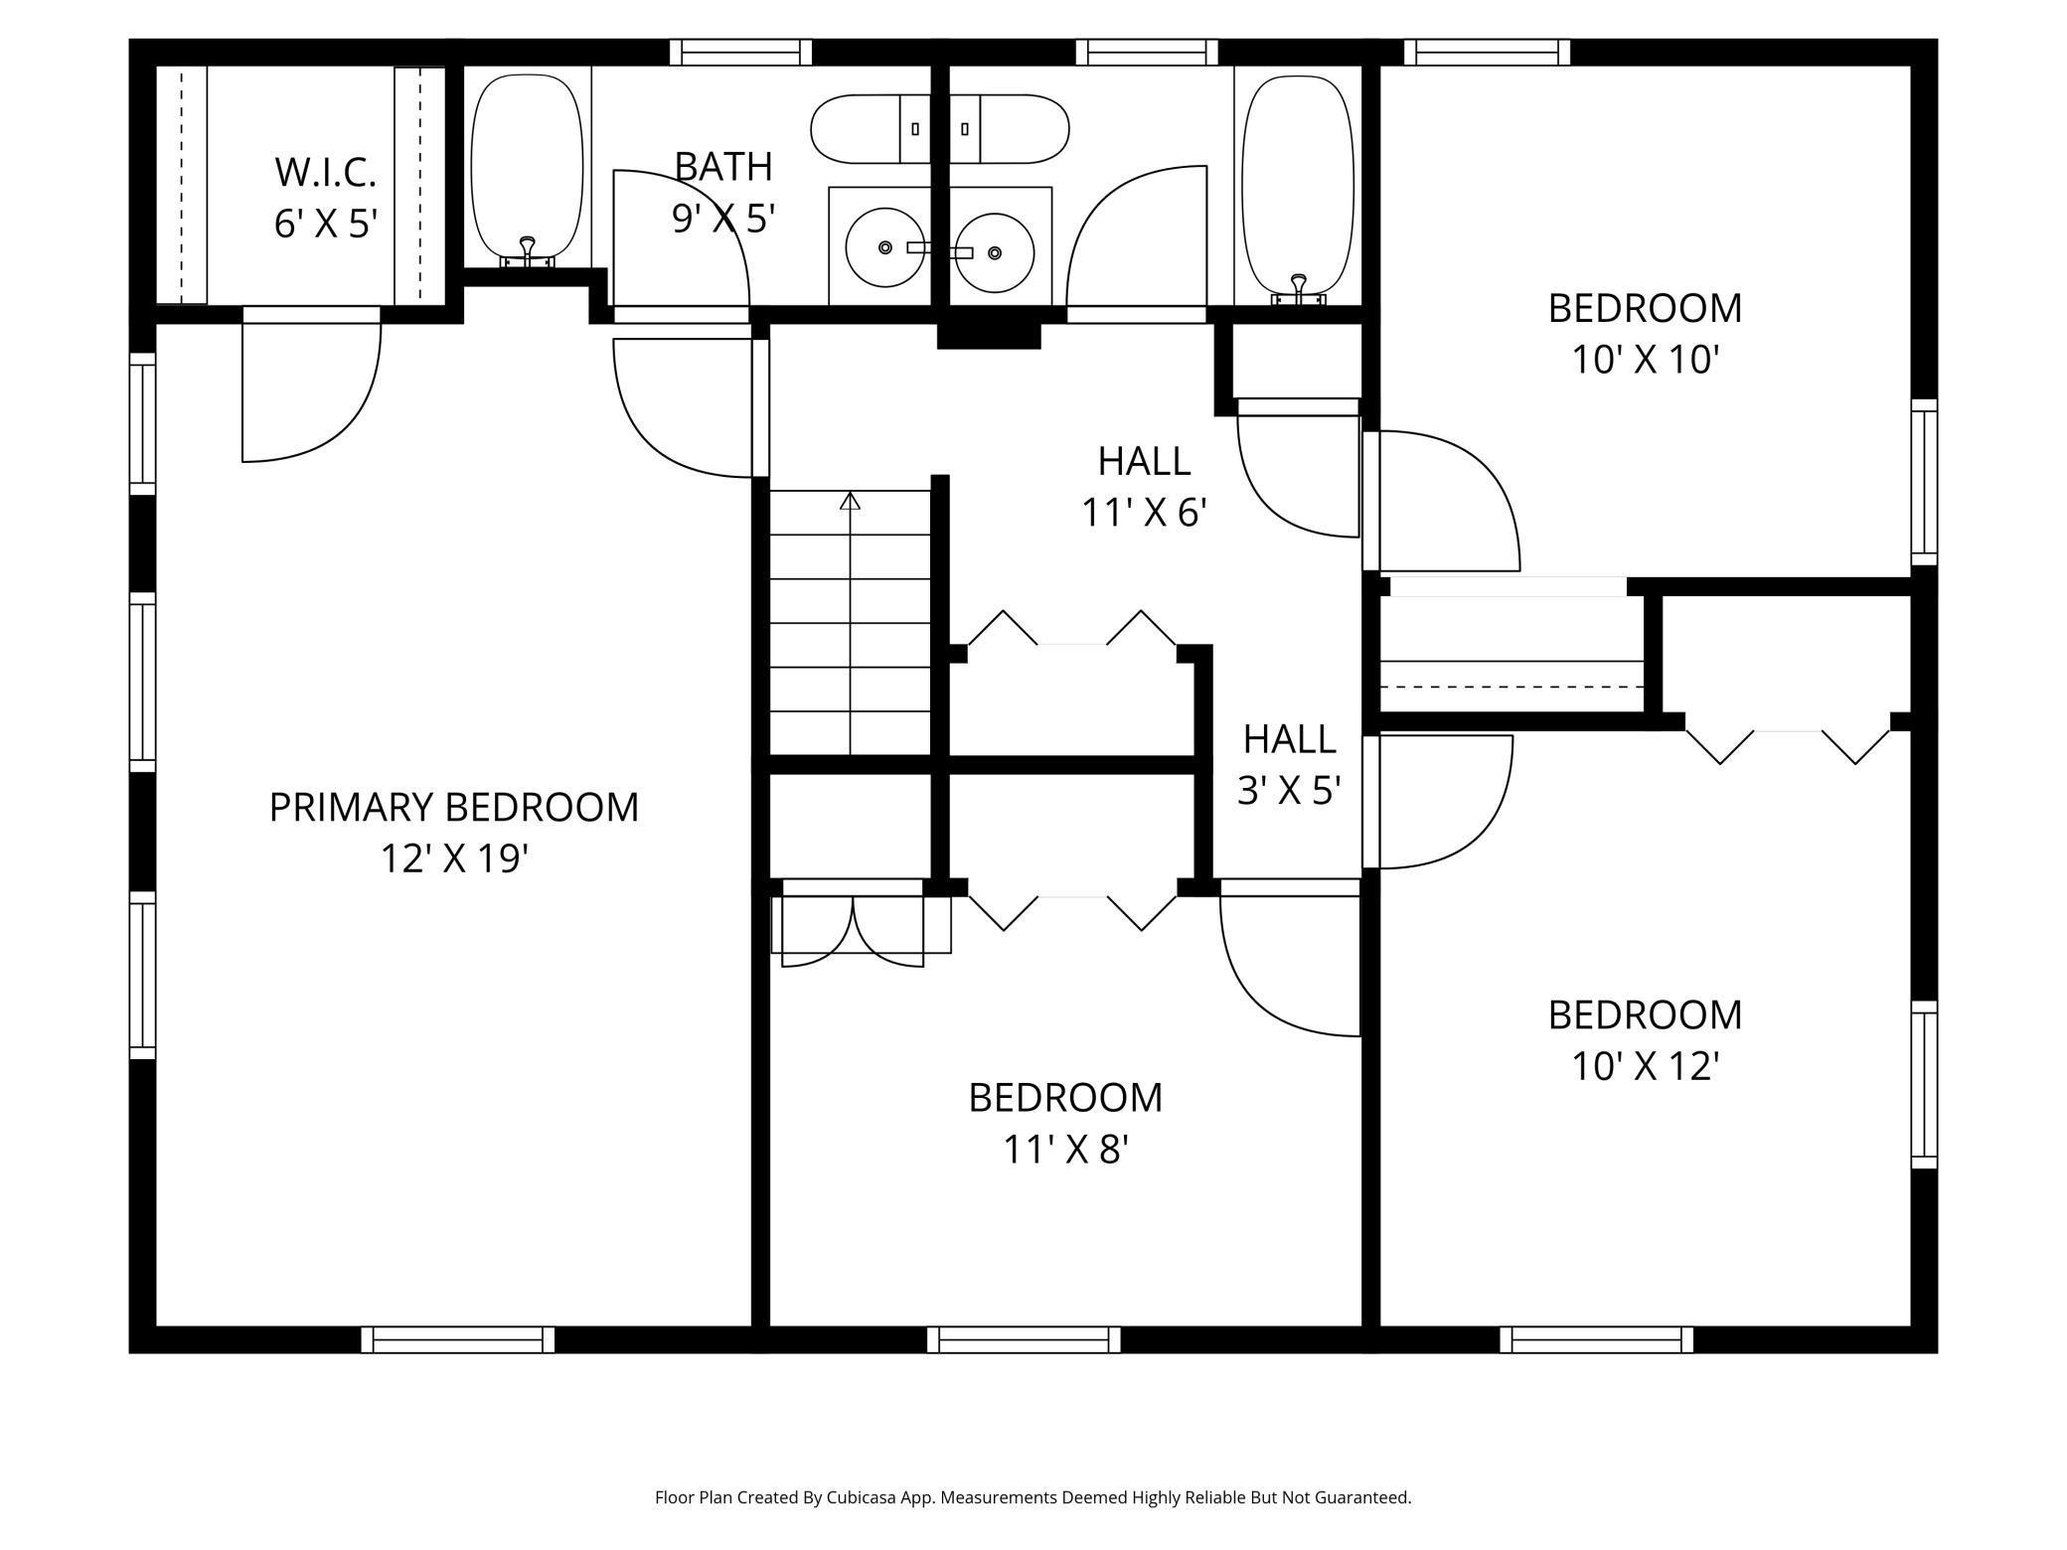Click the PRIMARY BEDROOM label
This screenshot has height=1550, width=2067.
[453, 807]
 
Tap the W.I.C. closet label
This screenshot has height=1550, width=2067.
[325, 172]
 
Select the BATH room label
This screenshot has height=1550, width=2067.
[723, 166]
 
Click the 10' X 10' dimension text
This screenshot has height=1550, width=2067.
[1645, 360]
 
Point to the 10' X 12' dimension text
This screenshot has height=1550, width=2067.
[1645, 1066]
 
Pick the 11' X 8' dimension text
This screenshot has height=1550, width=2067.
[1065, 1150]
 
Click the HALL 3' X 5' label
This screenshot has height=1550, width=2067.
[1289, 764]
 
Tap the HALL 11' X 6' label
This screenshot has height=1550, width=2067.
[1144, 486]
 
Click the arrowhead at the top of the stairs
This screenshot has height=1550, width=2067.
[850, 501]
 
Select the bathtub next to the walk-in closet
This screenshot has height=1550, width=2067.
[527, 169]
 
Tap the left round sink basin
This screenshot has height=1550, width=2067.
[884, 247]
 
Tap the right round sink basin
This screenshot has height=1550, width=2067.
[995, 253]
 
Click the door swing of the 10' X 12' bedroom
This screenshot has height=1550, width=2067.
[1481, 825]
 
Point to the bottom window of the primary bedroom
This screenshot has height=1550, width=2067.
[457, 1339]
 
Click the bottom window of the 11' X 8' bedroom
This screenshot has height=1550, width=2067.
[1024, 1339]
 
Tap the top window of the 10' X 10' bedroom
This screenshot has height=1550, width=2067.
[1493, 52]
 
